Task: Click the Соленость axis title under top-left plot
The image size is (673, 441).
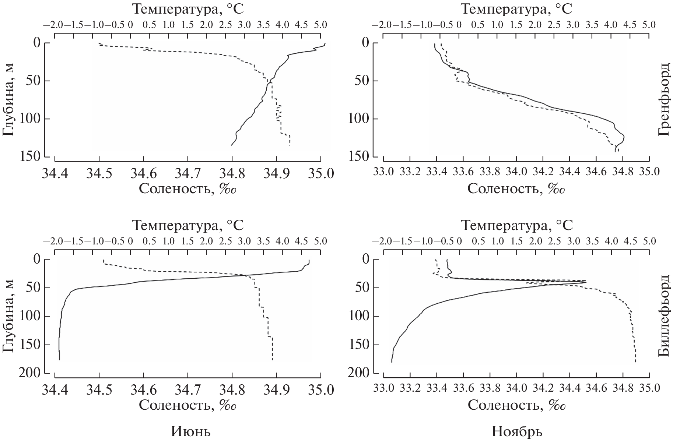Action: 187,189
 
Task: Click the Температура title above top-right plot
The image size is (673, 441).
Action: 517,9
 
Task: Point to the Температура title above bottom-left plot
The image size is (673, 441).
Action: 188,225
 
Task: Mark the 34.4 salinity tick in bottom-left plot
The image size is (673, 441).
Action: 55,389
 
